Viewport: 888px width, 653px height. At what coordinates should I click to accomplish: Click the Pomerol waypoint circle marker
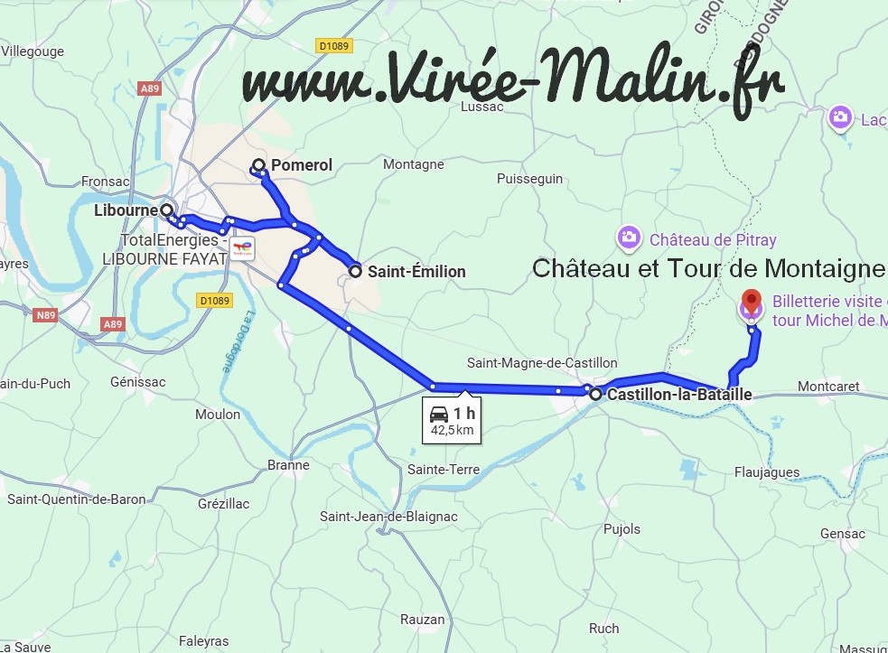pyautogui.click(x=258, y=165)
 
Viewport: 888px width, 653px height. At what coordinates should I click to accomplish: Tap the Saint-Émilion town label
pyautogui.click(x=416, y=271)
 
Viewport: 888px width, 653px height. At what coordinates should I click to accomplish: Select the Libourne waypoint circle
pyautogui.click(x=166, y=210)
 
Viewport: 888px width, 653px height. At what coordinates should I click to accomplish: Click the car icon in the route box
pyautogui.click(x=439, y=414)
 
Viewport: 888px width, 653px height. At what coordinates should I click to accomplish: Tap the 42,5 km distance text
pyautogui.click(x=453, y=430)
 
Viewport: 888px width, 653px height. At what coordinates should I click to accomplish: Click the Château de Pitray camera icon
pyautogui.click(x=628, y=238)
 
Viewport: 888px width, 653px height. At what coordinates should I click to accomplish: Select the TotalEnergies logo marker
pyautogui.click(x=242, y=247)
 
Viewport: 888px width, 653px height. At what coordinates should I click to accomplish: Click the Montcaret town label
pyautogui.click(x=829, y=387)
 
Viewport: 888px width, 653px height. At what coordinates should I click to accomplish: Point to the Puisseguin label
pyautogui.click(x=529, y=179)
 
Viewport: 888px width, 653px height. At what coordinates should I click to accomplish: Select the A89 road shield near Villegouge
pyautogui.click(x=149, y=89)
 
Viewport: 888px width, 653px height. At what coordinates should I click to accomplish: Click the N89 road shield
pyautogui.click(x=45, y=315)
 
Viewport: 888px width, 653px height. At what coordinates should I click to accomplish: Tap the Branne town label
pyautogui.click(x=288, y=465)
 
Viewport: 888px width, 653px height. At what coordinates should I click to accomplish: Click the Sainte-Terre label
pyautogui.click(x=444, y=469)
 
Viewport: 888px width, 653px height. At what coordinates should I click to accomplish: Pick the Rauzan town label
pyautogui.click(x=423, y=620)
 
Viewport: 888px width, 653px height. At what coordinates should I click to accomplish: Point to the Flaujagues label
pyautogui.click(x=767, y=471)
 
